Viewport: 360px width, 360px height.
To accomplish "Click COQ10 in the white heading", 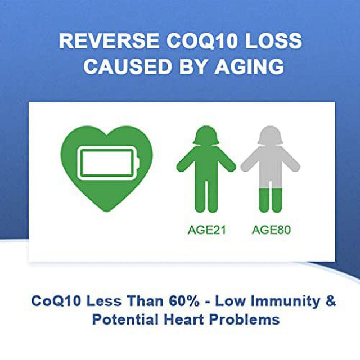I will point(196,42).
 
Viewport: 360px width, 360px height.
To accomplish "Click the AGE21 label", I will point(206,229).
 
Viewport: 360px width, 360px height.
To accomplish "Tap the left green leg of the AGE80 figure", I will point(263,201).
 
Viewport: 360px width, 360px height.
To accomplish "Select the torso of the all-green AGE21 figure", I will point(206,169).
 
